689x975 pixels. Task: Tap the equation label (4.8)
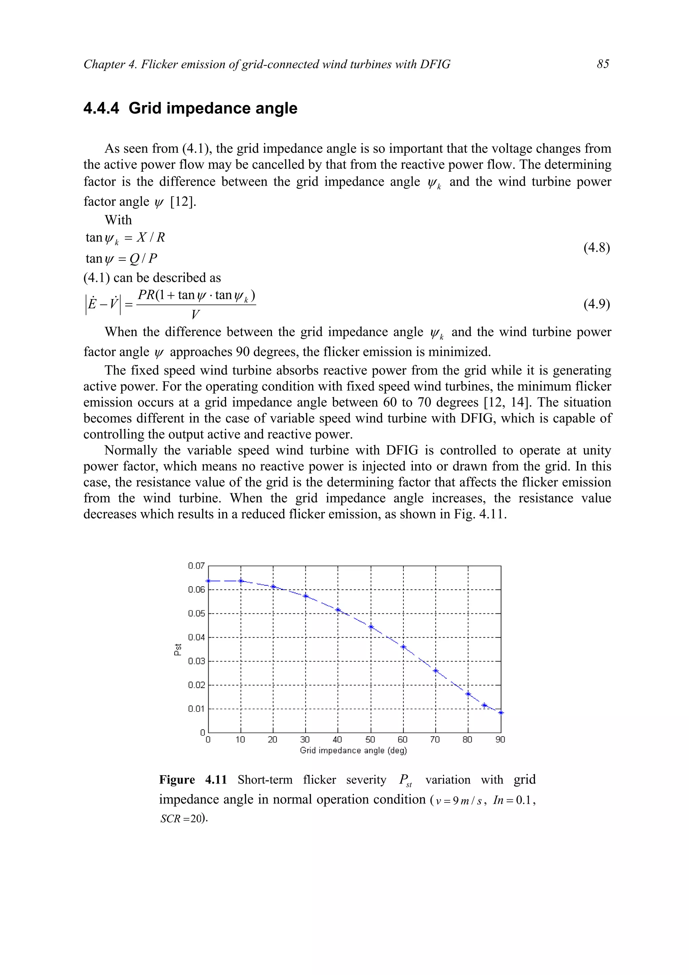(x=596, y=248)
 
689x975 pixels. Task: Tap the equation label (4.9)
(x=596, y=304)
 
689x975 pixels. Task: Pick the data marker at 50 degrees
(x=371, y=627)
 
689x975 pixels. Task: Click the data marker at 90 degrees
(x=501, y=713)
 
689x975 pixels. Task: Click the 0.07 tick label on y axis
(x=196, y=566)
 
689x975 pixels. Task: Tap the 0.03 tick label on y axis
(x=196, y=661)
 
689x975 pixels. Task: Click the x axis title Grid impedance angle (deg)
(x=353, y=750)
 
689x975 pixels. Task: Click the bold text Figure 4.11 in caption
(x=193, y=780)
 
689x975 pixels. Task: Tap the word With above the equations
(x=118, y=220)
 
